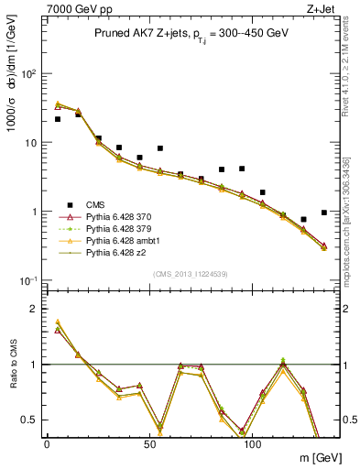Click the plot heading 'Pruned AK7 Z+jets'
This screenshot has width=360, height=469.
tap(146, 33)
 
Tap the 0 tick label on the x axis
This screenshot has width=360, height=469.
tap(47, 442)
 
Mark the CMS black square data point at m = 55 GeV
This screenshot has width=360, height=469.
tap(160, 148)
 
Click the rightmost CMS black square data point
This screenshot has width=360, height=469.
tap(324, 213)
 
